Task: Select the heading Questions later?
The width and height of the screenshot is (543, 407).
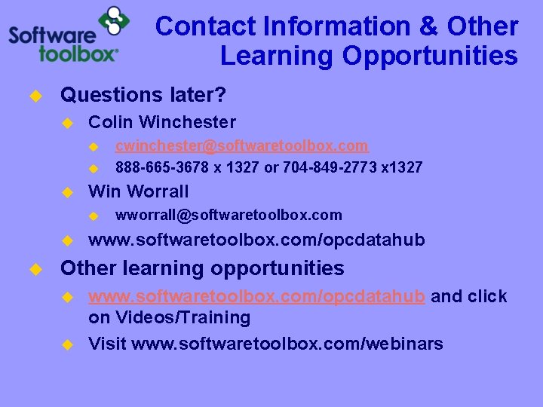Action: [143, 95]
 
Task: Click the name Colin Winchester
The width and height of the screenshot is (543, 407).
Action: [162, 122]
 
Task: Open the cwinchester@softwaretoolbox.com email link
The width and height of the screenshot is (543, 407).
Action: [241, 145]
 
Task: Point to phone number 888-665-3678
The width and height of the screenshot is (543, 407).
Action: [160, 167]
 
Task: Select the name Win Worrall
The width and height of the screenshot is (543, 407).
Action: [139, 191]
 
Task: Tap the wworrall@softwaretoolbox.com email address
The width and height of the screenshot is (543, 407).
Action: [228, 215]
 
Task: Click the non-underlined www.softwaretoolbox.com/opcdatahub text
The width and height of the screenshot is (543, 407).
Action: [256, 240]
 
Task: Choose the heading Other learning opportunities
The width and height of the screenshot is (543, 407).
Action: [202, 268]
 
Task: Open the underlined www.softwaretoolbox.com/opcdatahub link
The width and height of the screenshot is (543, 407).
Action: [256, 296]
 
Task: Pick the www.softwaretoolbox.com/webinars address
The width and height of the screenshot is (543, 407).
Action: [287, 344]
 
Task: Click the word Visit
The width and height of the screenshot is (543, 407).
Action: [107, 344]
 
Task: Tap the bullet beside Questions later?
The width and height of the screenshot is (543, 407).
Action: [34, 96]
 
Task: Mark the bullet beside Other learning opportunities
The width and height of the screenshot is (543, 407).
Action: [34, 269]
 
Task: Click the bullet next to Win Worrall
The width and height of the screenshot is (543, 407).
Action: [66, 192]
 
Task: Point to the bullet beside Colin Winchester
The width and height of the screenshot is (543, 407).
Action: [66, 123]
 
